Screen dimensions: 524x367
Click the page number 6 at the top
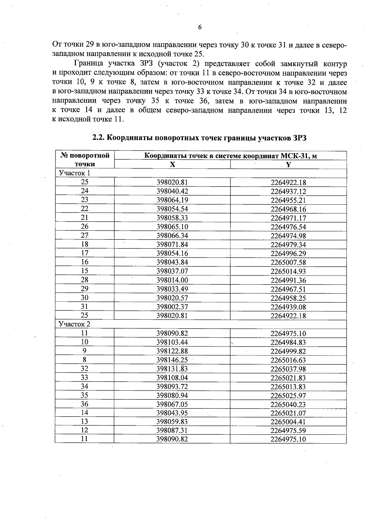point(200,28)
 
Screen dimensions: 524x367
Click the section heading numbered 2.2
point(199,138)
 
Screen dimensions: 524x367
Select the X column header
point(172,164)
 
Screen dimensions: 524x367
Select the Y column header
point(288,164)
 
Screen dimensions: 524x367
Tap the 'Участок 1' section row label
point(74,173)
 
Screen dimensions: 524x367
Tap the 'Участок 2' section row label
point(74,324)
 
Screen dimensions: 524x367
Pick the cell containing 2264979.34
point(288,245)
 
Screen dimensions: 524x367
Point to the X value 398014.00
point(172,280)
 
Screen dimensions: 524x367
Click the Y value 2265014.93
point(288,271)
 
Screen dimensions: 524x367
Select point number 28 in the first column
point(84,280)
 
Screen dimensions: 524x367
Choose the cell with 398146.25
point(172,360)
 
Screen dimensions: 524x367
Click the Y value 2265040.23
point(288,404)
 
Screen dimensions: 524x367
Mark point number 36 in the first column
point(84,404)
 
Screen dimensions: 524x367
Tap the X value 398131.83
point(172,369)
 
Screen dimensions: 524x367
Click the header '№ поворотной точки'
point(85,160)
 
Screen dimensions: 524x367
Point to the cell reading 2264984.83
point(288,342)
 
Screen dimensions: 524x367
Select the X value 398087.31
point(172,430)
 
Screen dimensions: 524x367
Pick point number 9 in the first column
point(84,351)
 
